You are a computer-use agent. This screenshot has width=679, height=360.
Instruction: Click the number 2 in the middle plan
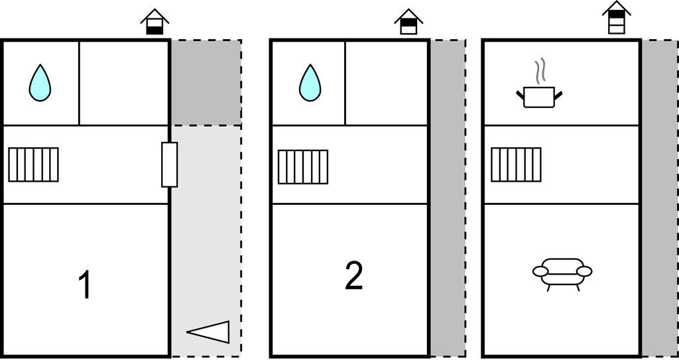pos(354,276)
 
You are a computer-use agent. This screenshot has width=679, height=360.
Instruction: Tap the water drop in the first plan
pos(40,83)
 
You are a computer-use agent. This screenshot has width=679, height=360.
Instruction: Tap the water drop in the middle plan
pos(310,83)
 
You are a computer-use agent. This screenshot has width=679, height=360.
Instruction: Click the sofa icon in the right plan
pos(562,272)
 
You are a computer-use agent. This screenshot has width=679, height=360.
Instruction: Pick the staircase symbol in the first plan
pos(33,164)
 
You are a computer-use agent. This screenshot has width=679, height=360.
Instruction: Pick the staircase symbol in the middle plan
pos(303,166)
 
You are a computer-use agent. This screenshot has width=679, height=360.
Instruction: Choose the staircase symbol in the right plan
pos(516,164)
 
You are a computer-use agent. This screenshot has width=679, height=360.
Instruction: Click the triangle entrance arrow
pos(212,331)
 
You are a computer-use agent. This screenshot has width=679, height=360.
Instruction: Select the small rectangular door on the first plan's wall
pos(170,164)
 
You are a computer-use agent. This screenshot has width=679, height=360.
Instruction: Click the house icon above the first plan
pos(154,22)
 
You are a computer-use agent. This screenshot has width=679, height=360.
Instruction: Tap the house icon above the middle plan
pos(408,22)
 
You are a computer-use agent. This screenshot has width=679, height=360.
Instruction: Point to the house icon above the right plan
pos(617,17)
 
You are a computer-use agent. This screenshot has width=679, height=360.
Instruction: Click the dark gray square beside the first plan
pos(206,82)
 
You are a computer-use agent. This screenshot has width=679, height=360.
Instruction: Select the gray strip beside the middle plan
pos(448,199)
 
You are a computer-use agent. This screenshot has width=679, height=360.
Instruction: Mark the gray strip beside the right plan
pos(658,199)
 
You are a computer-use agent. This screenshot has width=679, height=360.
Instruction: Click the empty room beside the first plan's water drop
pos(123,83)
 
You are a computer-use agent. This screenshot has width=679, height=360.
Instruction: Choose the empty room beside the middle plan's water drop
pos(386,83)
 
